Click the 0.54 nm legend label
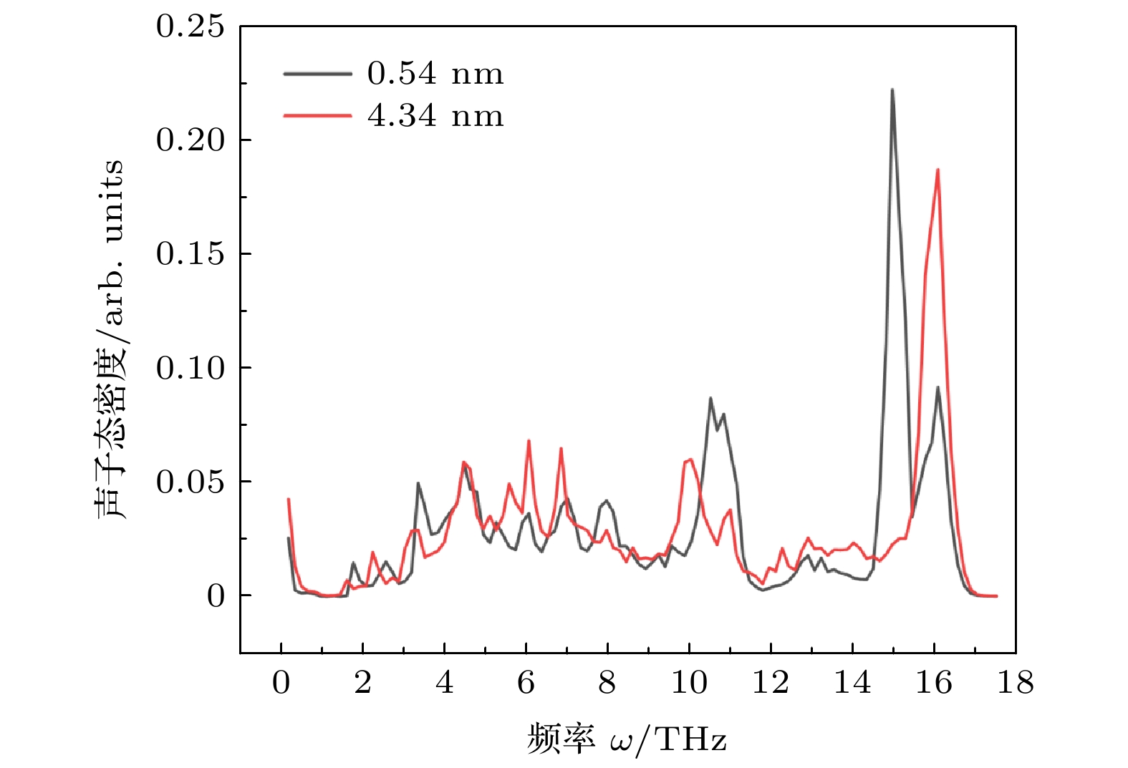(435, 74)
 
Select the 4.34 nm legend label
(435, 116)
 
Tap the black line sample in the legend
(317, 74)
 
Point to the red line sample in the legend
(317, 116)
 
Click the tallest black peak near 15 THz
(892, 90)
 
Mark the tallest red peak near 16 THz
(937, 170)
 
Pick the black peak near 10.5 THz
(710, 398)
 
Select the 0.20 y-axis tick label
(190, 140)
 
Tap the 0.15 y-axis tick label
(190, 254)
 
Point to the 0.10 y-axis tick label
(190, 368)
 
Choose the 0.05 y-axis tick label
(190, 482)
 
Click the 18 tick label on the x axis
(1015, 684)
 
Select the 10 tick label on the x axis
(688, 684)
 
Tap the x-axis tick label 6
(526, 684)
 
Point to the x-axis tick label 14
(852, 684)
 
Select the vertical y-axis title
(110, 339)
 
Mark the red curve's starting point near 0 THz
(289, 500)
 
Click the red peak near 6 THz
(529, 441)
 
